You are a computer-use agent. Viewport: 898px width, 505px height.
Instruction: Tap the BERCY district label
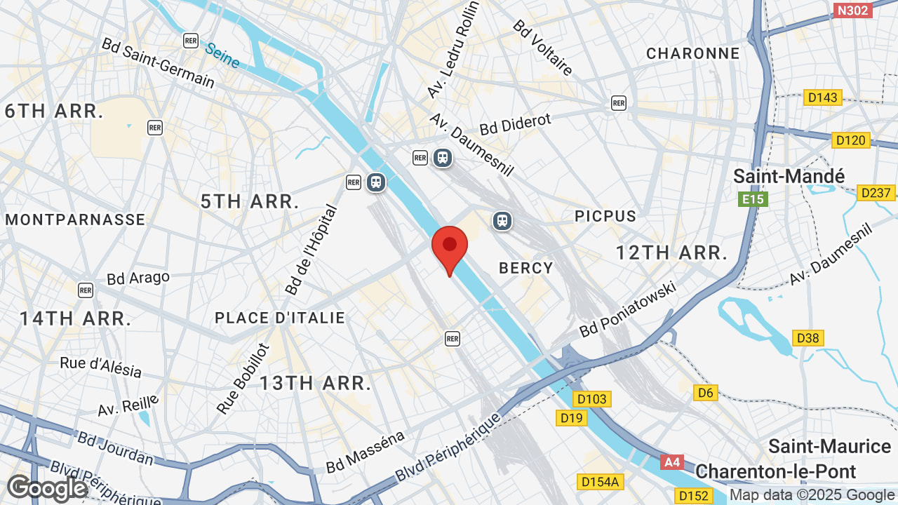click(x=526, y=268)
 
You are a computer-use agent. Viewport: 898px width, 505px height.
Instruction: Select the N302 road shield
click(x=852, y=10)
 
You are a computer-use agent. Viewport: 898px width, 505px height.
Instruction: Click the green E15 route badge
click(x=753, y=200)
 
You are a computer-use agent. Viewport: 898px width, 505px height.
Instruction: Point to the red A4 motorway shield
click(x=672, y=462)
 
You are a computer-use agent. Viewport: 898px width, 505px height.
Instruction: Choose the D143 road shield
click(x=822, y=97)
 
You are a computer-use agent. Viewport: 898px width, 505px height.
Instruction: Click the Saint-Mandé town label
click(x=789, y=176)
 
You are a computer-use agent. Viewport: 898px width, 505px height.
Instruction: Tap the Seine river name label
click(x=222, y=55)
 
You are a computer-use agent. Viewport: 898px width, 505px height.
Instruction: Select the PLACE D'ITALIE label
click(x=280, y=318)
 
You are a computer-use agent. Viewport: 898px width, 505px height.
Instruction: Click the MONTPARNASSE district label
click(x=75, y=220)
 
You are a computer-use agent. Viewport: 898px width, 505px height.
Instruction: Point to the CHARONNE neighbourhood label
click(x=693, y=53)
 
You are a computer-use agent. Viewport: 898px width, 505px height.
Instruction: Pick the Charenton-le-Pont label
click(x=776, y=471)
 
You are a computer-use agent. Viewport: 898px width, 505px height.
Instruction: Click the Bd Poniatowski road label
click(x=628, y=309)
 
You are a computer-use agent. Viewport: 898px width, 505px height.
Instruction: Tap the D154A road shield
click(x=601, y=481)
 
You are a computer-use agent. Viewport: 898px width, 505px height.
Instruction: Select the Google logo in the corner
click(x=46, y=488)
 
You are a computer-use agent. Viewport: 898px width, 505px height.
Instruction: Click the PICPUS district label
click(x=605, y=216)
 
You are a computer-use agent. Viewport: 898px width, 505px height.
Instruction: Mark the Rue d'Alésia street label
click(x=101, y=367)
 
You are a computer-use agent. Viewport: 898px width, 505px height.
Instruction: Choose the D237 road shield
click(x=876, y=192)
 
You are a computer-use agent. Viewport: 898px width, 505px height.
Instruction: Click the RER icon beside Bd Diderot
click(x=618, y=103)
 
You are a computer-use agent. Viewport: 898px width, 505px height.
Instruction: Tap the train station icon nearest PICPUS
click(x=502, y=221)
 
